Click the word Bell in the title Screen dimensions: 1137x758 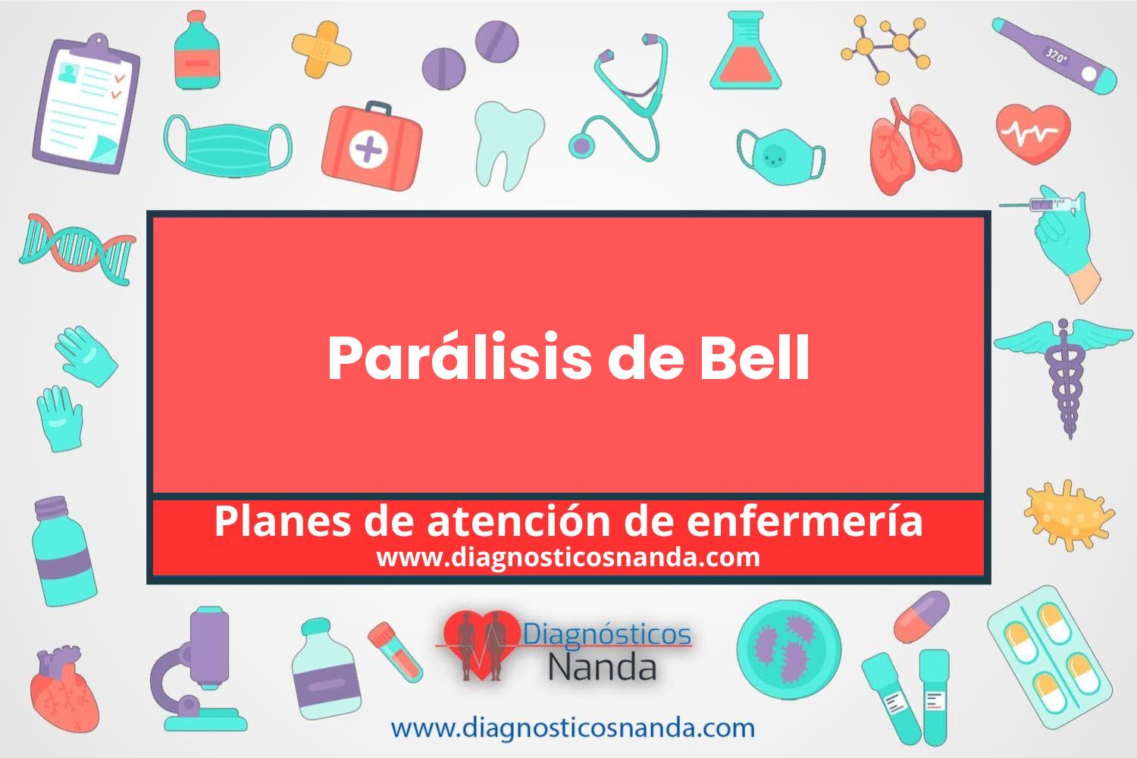tap(755, 356)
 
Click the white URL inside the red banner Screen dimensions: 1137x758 tap(568, 557)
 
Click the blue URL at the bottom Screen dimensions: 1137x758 tap(572, 728)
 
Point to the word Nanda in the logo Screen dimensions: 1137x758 tap(603, 666)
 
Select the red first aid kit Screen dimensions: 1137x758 tap(371, 146)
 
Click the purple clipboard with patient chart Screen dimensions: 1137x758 tap(86, 104)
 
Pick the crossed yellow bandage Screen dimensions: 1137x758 tap(322, 49)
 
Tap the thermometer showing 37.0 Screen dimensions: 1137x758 tap(1055, 56)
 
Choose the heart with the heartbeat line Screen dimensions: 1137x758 tap(1033, 134)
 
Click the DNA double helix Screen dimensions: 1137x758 tap(77, 249)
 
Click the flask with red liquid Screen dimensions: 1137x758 tap(746, 50)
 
